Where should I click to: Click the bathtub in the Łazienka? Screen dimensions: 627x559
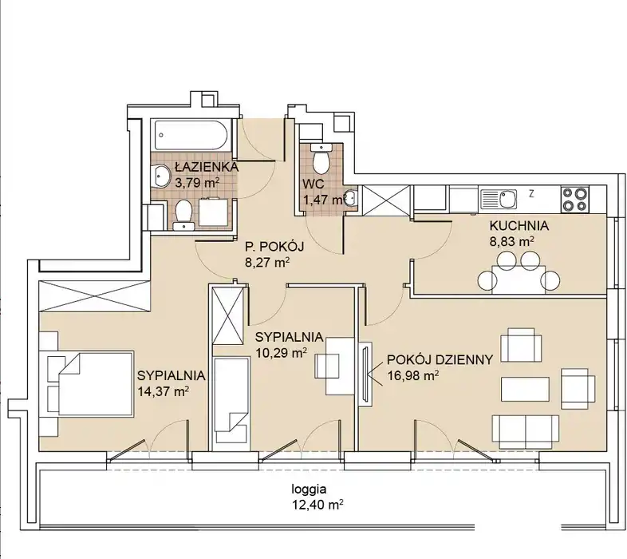(191, 135)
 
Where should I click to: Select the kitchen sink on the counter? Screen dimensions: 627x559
(499, 200)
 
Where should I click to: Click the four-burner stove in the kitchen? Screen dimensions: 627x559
(575, 200)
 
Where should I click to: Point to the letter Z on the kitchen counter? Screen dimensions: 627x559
(531, 194)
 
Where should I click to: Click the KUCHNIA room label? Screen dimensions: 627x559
(519, 226)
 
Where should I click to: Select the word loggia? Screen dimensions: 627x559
(309, 490)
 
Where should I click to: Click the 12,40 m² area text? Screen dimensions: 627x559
(318, 505)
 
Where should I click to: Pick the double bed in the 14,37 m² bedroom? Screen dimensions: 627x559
(96, 383)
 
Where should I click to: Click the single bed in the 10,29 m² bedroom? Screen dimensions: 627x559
(231, 400)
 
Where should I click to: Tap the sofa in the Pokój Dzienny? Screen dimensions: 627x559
(525, 432)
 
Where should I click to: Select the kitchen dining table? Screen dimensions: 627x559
(519, 279)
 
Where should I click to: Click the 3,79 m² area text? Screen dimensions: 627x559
(197, 183)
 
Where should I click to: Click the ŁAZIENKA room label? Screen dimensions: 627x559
(207, 166)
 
